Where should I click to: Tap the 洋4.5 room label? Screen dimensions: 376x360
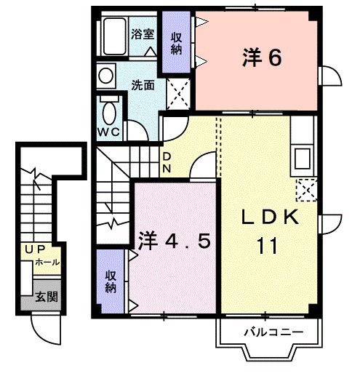(175, 240)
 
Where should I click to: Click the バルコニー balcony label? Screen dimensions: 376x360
(271, 333)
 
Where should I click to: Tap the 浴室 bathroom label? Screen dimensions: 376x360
(143, 34)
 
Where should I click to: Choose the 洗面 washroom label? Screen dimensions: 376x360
(143, 84)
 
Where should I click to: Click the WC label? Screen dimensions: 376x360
(108, 132)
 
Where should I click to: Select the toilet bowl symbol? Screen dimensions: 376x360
(109, 113)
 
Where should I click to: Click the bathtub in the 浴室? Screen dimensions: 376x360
(113, 36)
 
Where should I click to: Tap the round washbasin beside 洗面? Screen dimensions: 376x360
(106, 76)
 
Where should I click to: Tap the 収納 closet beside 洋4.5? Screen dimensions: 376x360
(111, 281)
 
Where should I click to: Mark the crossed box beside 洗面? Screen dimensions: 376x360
(177, 92)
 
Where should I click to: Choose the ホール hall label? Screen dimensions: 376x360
(48, 262)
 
